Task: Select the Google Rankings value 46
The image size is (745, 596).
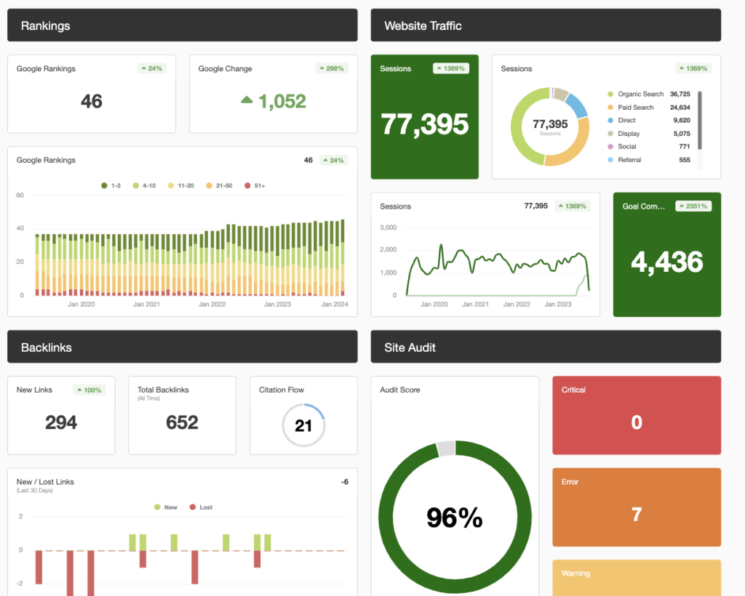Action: [92, 101]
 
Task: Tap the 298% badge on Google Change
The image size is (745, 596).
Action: [332, 68]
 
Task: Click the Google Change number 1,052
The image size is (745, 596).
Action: [282, 101]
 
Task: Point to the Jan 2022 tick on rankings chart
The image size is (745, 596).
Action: [212, 305]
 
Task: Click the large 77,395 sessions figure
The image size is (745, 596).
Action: [425, 124]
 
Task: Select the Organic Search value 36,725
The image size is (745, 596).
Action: [680, 94]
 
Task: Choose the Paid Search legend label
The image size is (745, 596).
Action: [635, 107]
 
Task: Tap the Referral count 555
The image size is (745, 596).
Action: [685, 160]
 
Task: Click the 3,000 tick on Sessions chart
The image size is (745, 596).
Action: [389, 227]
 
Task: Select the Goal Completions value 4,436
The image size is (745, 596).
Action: [667, 262]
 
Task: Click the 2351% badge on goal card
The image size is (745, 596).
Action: [693, 206]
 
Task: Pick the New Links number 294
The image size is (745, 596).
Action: [61, 422]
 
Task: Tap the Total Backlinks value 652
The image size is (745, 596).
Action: [182, 422]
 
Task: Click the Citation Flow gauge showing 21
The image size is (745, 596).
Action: [303, 425]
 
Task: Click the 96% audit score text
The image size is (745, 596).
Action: [455, 518]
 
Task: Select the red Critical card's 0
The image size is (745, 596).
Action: [637, 422]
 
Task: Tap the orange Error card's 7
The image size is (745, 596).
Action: [637, 515]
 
